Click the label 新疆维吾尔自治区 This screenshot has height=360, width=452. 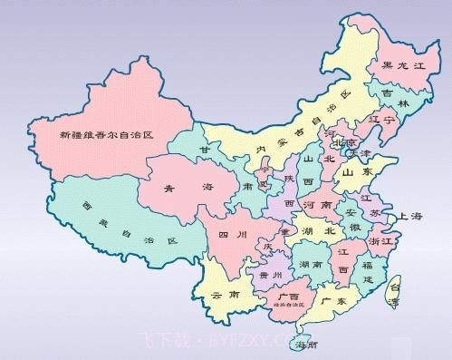coord(105,134)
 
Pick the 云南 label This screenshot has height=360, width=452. coord(223,296)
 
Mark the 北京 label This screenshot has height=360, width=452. coord(344,142)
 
